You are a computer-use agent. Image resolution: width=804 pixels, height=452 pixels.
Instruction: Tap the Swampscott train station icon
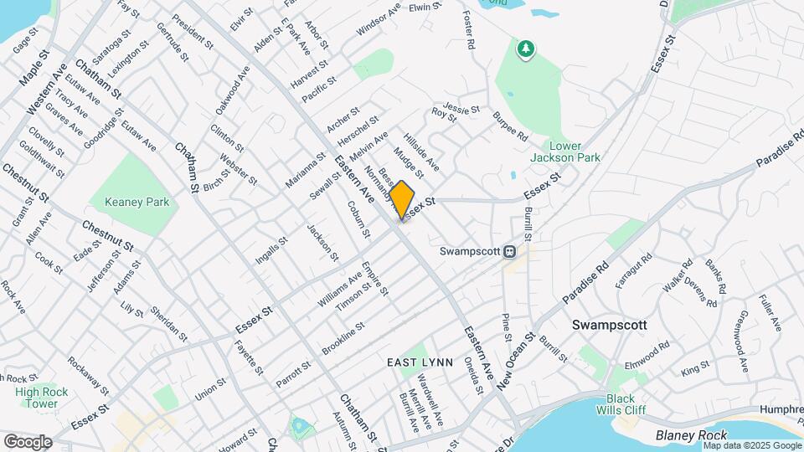(x=508, y=251)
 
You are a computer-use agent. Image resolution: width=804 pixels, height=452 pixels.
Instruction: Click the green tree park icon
(x=525, y=50)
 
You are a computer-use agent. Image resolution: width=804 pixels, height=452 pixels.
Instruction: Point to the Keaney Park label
(x=137, y=202)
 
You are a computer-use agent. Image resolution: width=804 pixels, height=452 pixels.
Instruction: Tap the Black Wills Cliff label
(x=621, y=404)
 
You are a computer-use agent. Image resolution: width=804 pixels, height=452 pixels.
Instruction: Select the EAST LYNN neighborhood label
(x=420, y=362)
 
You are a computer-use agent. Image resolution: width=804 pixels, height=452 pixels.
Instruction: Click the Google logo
(x=28, y=441)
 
